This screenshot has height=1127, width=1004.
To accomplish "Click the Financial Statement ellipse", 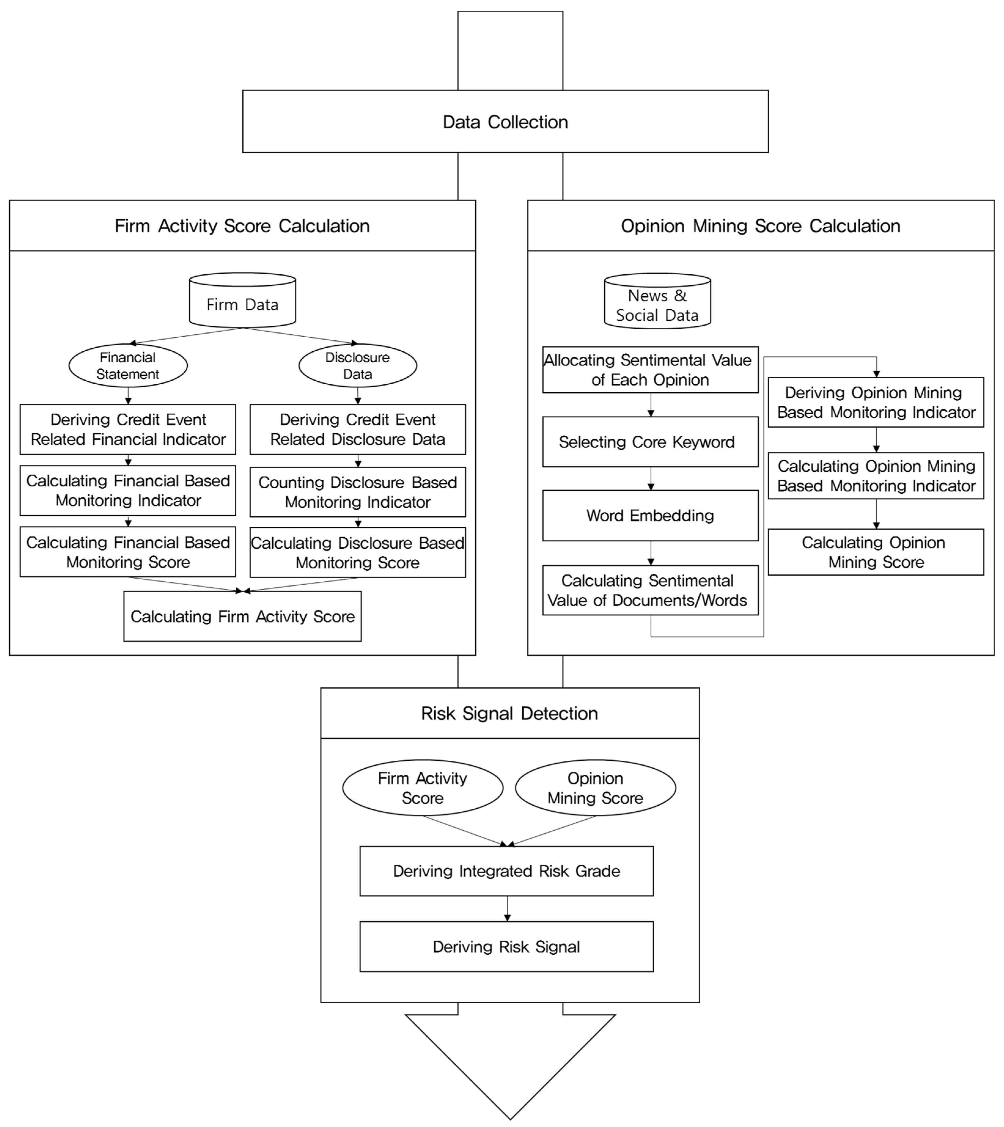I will tap(128, 366).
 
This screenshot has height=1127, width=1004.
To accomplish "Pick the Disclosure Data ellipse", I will tap(358, 366).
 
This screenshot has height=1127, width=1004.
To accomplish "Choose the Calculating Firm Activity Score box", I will tap(242, 617).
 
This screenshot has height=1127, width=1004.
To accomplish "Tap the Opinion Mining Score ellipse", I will tap(595, 788).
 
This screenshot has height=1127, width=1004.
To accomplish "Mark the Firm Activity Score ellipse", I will tap(423, 788).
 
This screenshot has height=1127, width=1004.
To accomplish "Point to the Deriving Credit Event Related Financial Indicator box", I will tap(128, 430).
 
